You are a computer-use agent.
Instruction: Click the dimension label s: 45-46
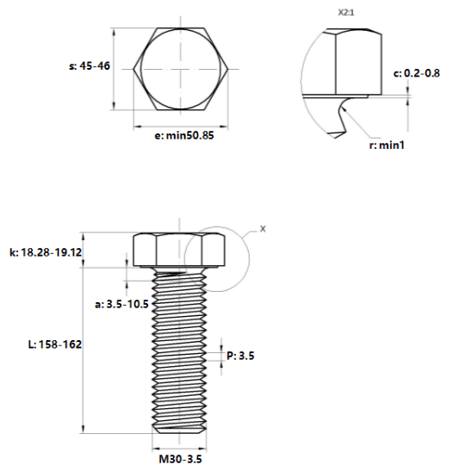(90, 65)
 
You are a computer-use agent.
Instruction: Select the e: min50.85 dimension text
(184, 135)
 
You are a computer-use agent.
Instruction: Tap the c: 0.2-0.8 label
(417, 73)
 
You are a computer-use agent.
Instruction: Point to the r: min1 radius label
(387, 145)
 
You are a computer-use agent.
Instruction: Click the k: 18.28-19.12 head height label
(46, 252)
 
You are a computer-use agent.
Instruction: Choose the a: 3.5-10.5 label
(121, 304)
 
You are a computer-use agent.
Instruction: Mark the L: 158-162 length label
(55, 344)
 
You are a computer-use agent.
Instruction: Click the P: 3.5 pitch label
(240, 356)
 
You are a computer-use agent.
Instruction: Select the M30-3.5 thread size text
(180, 459)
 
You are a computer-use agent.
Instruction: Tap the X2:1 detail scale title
(346, 13)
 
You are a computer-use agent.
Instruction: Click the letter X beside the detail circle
(263, 229)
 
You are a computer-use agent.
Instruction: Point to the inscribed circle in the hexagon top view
(141, 69)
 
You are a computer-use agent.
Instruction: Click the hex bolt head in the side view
(180, 250)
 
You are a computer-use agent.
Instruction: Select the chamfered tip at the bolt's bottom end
(180, 430)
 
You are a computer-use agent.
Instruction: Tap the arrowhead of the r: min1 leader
(344, 109)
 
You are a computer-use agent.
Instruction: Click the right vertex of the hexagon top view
(228, 69)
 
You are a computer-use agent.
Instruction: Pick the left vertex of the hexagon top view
(133, 69)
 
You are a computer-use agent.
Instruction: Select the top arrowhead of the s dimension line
(114, 32)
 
